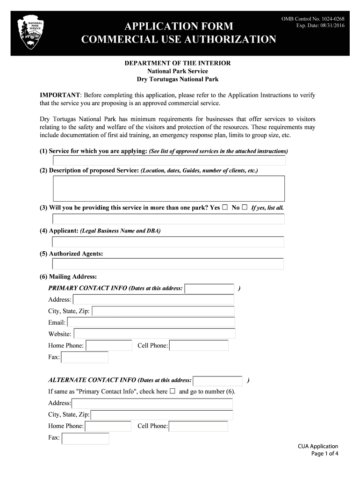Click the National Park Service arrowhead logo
(30, 32)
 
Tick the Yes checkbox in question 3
(225, 207)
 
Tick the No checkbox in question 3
(245, 207)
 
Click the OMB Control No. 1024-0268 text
(313, 19)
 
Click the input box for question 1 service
(169, 160)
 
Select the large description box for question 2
(169, 189)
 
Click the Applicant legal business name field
(168, 242)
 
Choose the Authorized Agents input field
(168, 264)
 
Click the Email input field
(151, 322)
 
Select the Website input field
(154, 334)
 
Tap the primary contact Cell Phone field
(199, 346)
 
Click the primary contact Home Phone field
(109, 346)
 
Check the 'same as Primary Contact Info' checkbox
(173, 391)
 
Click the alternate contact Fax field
(86, 438)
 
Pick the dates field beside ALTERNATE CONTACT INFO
(218, 380)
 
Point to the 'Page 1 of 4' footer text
(324, 453)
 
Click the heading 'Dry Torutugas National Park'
(177, 80)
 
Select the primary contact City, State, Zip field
(163, 311)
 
